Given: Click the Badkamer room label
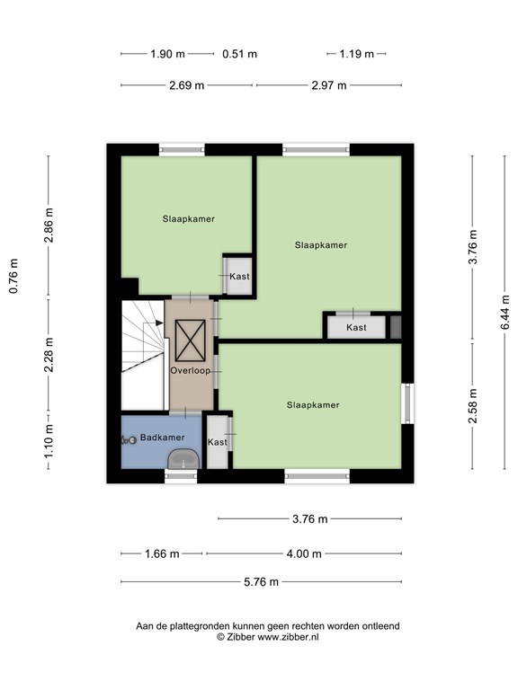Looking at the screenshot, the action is click(x=162, y=438).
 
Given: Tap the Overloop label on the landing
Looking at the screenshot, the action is click(x=191, y=370).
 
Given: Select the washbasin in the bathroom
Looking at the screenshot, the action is click(x=183, y=459).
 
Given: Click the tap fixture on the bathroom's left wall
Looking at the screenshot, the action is click(x=129, y=439).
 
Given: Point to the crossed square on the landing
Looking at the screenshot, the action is click(x=191, y=341).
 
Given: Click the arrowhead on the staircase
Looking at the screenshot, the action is click(x=159, y=323).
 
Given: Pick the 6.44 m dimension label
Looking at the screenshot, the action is click(x=505, y=312).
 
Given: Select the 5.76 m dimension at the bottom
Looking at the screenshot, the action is click(x=261, y=582).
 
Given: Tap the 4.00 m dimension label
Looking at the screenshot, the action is click(x=304, y=554).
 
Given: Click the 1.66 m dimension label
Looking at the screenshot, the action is click(x=162, y=554).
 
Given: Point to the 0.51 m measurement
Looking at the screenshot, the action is click(x=239, y=54).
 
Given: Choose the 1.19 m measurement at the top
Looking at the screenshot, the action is click(x=356, y=54).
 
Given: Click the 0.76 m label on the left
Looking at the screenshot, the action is click(x=13, y=276).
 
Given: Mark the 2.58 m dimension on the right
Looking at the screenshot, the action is click(x=473, y=406).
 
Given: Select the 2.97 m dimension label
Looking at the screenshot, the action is click(x=329, y=85).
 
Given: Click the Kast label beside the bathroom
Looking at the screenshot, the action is click(x=217, y=442).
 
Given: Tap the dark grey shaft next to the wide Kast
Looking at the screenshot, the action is click(x=396, y=327).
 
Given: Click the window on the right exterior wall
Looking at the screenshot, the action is click(x=408, y=403).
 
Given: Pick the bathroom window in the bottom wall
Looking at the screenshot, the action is click(x=181, y=476).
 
